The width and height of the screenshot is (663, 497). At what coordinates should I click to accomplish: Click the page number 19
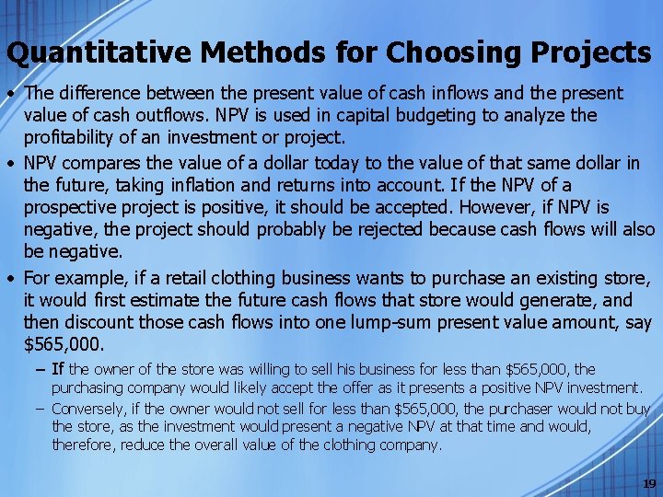(x=647, y=483)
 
